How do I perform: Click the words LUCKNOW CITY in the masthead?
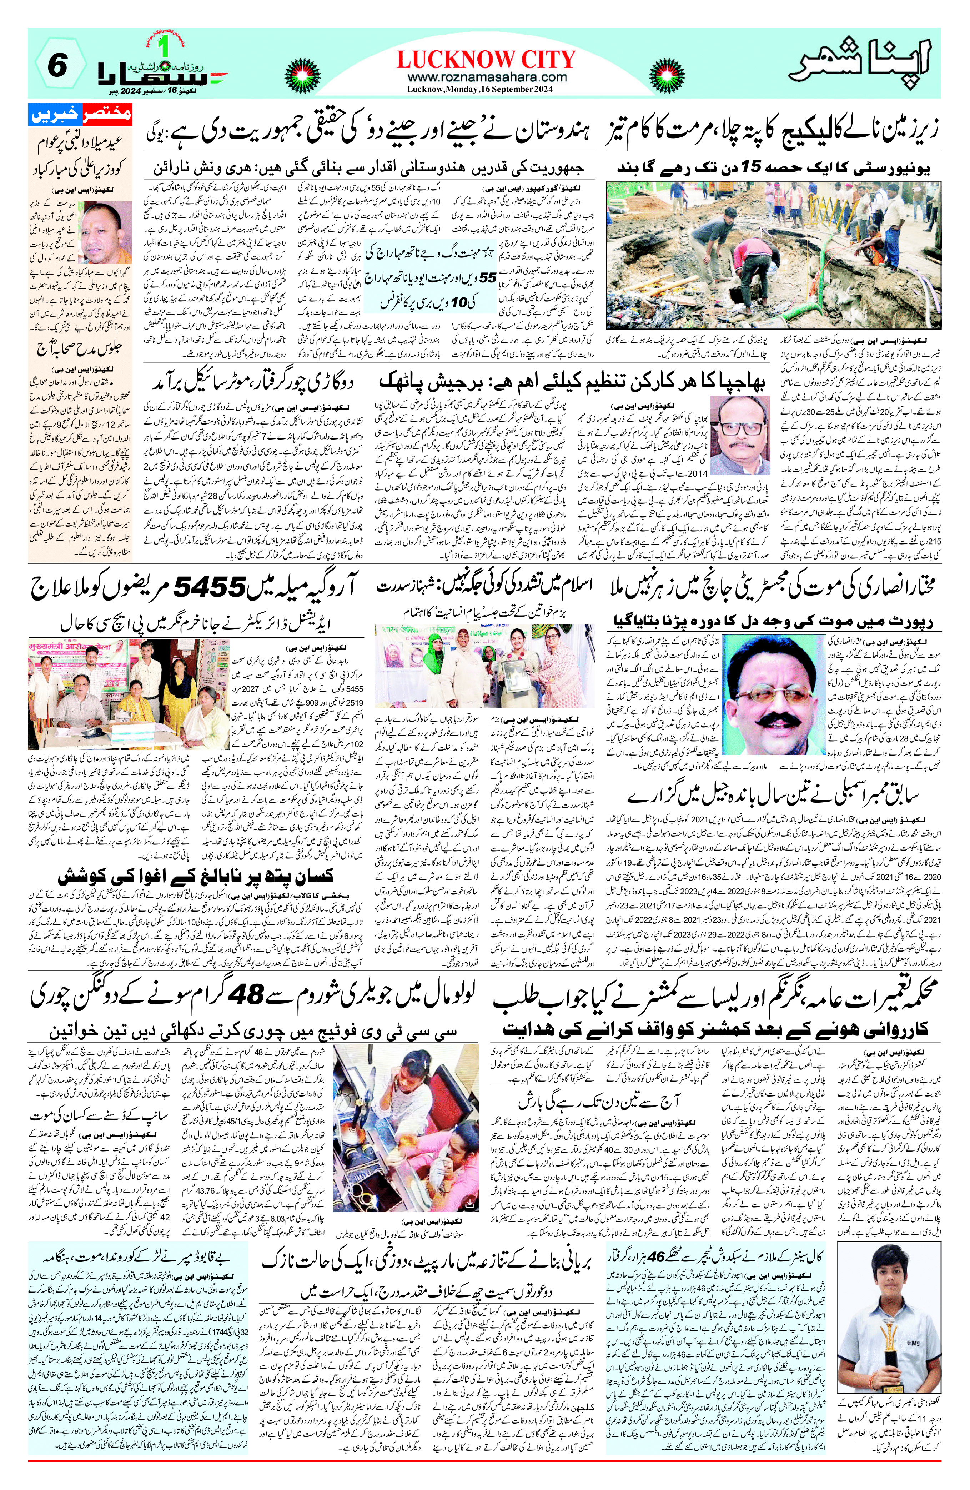[486, 60]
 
